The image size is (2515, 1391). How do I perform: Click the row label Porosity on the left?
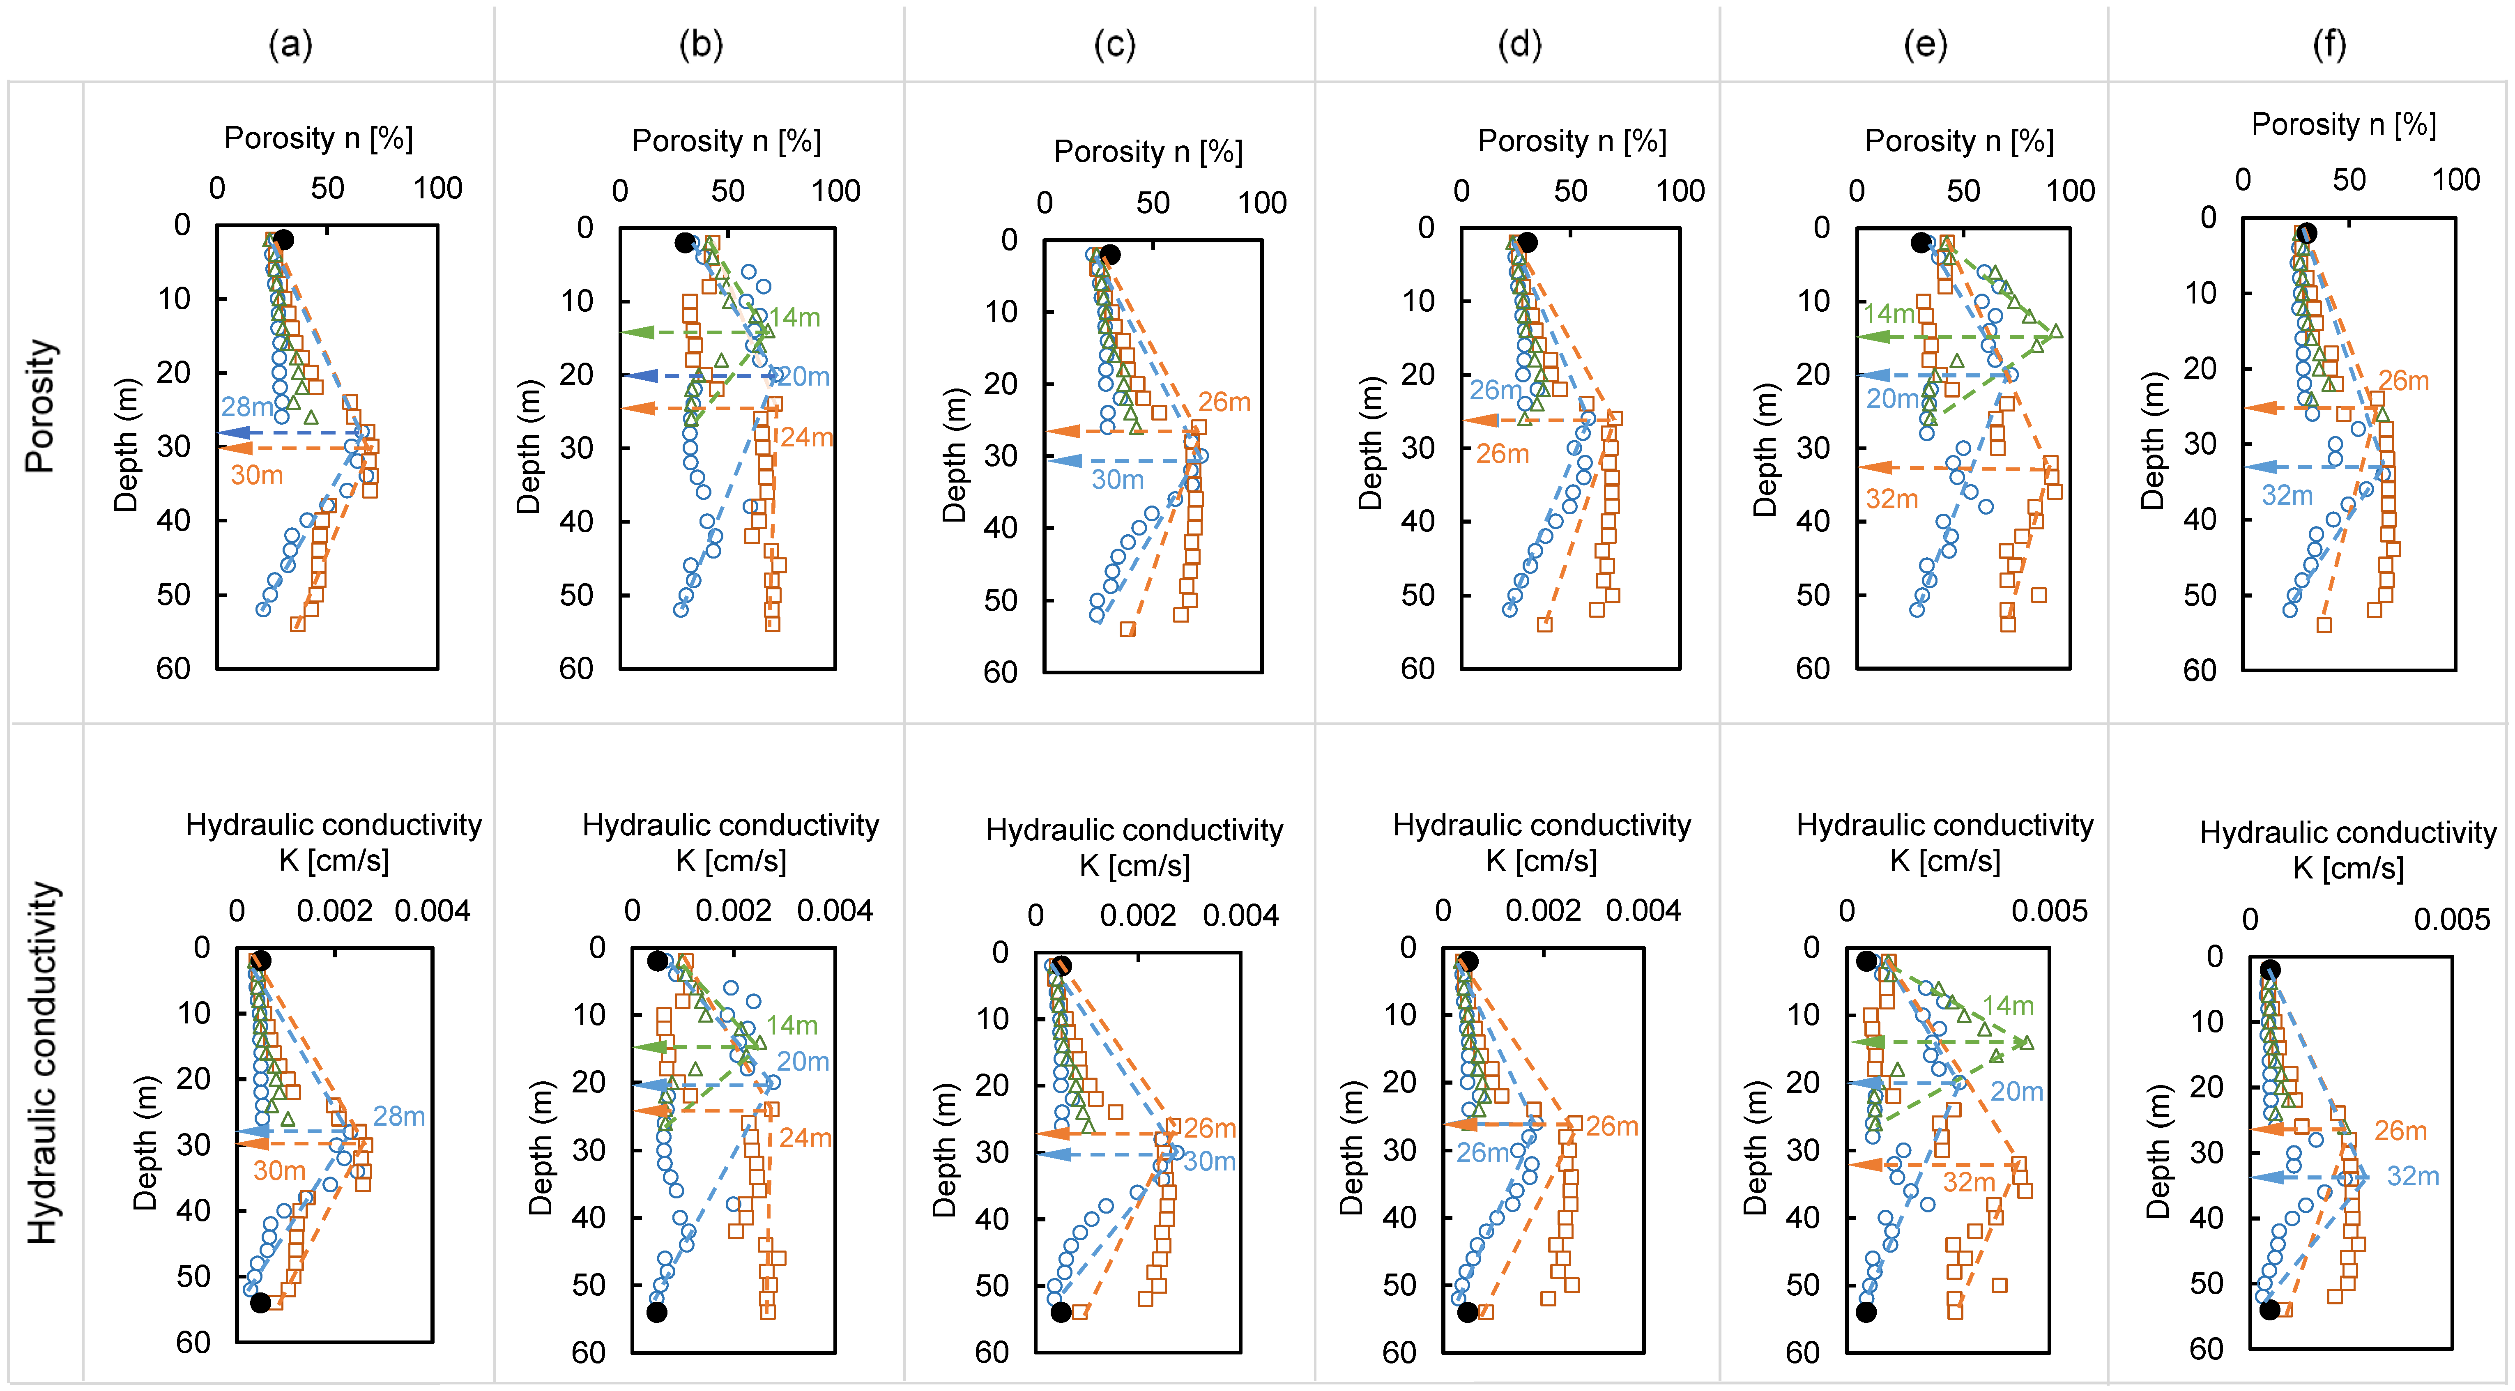point(41,406)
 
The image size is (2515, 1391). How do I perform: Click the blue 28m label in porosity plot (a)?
point(246,406)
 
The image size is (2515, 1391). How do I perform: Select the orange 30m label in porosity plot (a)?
point(257,476)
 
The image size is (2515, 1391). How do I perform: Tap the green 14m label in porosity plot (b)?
point(794,317)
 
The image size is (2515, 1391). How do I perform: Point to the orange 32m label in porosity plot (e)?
point(1892,499)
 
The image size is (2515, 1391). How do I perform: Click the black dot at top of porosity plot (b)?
point(684,242)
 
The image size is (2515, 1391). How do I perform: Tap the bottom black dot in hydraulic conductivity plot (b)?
point(657,1312)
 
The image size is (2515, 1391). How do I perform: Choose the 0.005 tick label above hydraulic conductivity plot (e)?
point(2049,911)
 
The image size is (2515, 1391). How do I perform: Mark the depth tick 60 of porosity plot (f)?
point(2200,671)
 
